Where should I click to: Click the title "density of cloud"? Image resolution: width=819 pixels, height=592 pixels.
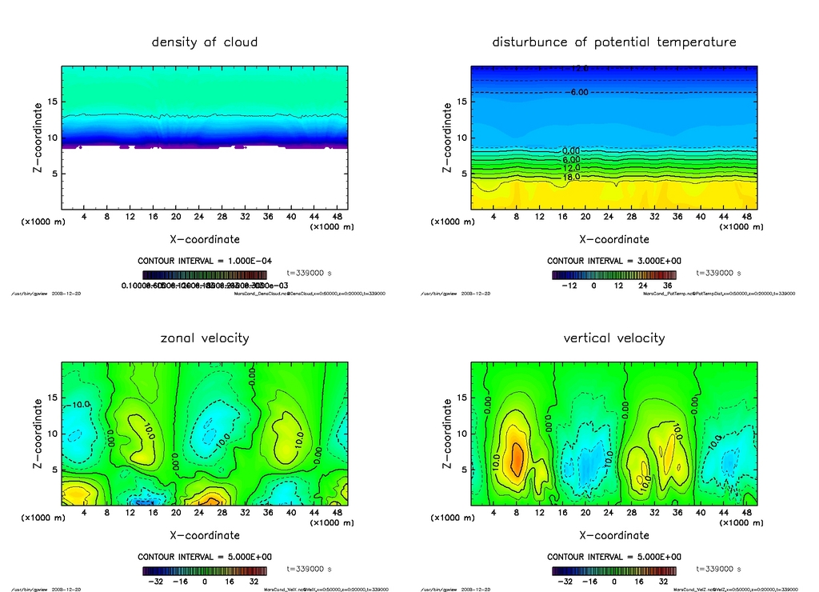(x=205, y=42)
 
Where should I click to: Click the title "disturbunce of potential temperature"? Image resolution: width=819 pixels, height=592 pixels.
(x=614, y=42)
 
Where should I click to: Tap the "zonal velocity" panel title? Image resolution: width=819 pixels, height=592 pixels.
(x=205, y=338)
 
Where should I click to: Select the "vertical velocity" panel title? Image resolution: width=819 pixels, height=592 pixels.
(x=614, y=338)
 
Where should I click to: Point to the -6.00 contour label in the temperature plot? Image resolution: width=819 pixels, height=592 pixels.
(x=577, y=93)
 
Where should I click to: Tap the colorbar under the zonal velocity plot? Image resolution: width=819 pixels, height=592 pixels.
(x=205, y=571)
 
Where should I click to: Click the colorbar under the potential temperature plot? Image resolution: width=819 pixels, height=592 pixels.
(x=614, y=274)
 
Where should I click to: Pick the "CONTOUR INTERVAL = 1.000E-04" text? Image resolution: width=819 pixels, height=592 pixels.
(x=205, y=261)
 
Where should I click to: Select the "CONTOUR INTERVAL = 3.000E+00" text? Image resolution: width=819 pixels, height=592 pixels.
(x=614, y=261)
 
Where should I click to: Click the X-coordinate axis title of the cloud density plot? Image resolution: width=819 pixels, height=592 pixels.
(x=205, y=238)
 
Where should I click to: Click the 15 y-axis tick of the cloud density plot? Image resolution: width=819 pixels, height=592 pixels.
(x=52, y=102)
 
